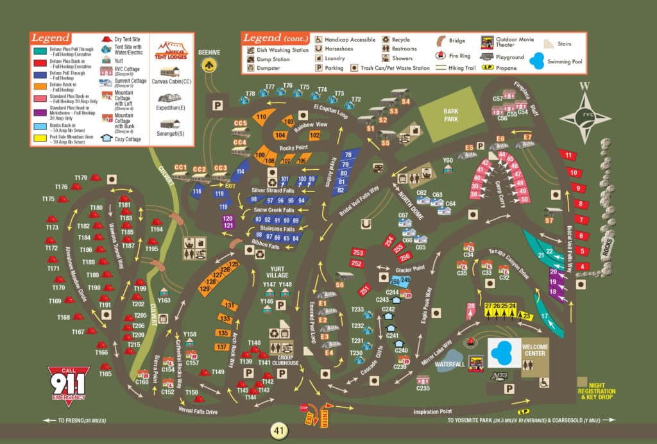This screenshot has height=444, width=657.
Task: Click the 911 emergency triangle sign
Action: tap(68, 383)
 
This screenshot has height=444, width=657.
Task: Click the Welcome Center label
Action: tap(534, 350)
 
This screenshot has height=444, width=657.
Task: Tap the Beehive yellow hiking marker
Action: tap(208, 64)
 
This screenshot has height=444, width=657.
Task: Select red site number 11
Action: tap(568, 155)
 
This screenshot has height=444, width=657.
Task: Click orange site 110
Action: tap(261, 117)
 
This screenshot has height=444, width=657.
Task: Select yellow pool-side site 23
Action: tap(526, 315)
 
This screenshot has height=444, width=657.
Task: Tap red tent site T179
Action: tap(94, 178)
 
